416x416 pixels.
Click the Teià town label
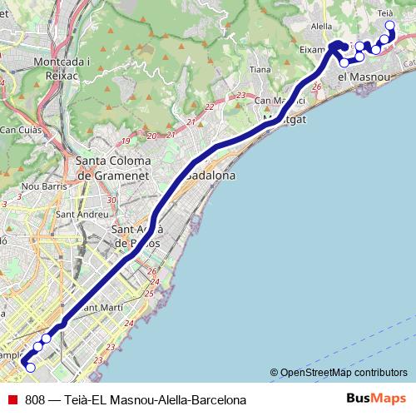coord(385,13)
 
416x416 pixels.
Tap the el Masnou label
coord(364,77)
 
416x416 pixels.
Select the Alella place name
coord(321,27)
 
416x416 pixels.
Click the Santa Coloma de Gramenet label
coord(112,168)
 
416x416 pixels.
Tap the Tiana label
coord(260,70)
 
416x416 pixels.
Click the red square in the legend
coord(10,399)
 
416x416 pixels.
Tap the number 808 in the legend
coord(35,399)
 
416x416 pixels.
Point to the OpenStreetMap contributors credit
coord(338,373)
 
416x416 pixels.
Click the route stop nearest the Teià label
coord(389,27)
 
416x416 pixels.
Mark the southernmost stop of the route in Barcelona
coord(30,367)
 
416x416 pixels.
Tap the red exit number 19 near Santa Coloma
coord(125,141)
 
